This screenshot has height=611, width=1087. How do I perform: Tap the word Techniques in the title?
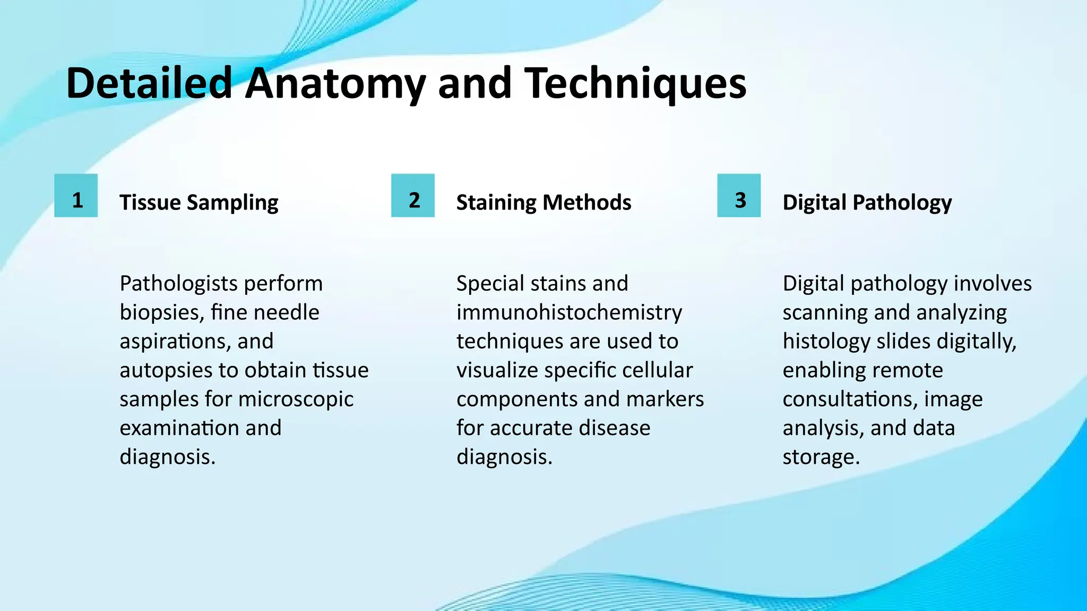pos(635,84)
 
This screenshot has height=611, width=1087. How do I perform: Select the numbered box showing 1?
pos(76,196)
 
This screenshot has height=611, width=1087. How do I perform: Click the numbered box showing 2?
pos(413,196)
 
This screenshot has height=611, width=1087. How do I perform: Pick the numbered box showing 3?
pos(739,196)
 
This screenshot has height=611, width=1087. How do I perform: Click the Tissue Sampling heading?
pos(199,203)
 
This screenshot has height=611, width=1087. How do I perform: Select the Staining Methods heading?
pos(543,203)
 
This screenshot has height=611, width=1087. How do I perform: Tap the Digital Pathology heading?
pos(867,203)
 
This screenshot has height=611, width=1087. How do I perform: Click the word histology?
pos(826,342)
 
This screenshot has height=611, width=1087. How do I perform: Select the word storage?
pos(820,457)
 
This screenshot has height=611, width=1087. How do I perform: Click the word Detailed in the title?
pos(149,84)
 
